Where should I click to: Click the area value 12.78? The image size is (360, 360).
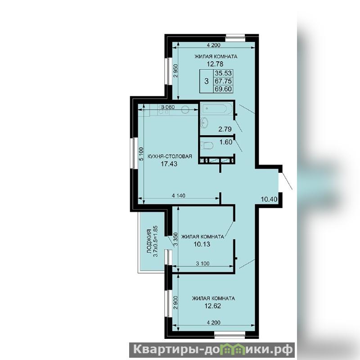[x=215, y=64]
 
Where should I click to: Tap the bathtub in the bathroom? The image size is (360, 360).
[x=214, y=108]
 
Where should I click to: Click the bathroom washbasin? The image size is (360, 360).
[x=204, y=122]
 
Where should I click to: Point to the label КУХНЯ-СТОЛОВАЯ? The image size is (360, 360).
[x=170, y=156]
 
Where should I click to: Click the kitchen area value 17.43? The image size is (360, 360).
[x=169, y=164]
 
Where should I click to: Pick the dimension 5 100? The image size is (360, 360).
[x=141, y=154]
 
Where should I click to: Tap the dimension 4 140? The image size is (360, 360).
[x=178, y=195]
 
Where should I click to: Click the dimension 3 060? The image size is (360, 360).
[x=167, y=107]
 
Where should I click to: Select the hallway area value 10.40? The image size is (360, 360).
[x=269, y=199]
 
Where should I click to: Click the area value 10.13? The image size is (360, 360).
[x=202, y=244]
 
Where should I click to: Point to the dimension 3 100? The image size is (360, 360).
[x=202, y=263]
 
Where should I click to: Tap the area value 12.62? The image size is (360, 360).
[x=212, y=306]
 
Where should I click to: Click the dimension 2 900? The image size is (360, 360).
[x=175, y=302]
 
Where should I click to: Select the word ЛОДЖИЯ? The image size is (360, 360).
[x=149, y=241]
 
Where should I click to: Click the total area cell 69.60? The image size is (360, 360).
[x=223, y=89]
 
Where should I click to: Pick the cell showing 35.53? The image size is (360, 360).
[x=223, y=73]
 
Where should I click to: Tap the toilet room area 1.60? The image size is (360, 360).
[x=226, y=142]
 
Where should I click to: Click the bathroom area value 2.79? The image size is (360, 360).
[x=225, y=129]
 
